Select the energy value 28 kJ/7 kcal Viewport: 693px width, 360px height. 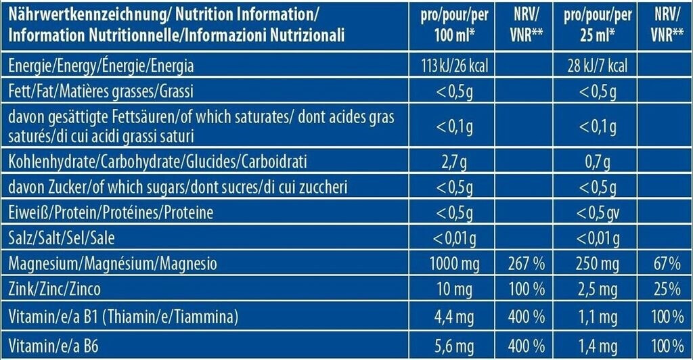pos(596,66)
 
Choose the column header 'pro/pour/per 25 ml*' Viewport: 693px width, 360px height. pos(595,25)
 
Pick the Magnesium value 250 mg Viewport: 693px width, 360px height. pos(596,263)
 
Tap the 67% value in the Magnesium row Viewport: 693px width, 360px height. pos(667,263)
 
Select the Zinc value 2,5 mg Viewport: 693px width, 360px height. pos(596,290)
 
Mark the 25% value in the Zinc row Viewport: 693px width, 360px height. pos(667,290)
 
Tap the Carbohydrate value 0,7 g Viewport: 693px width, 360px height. pos(596,162)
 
